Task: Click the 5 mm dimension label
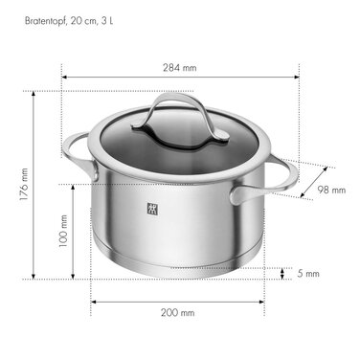(x=307, y=274)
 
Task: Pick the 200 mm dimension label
(x=179, y=312)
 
